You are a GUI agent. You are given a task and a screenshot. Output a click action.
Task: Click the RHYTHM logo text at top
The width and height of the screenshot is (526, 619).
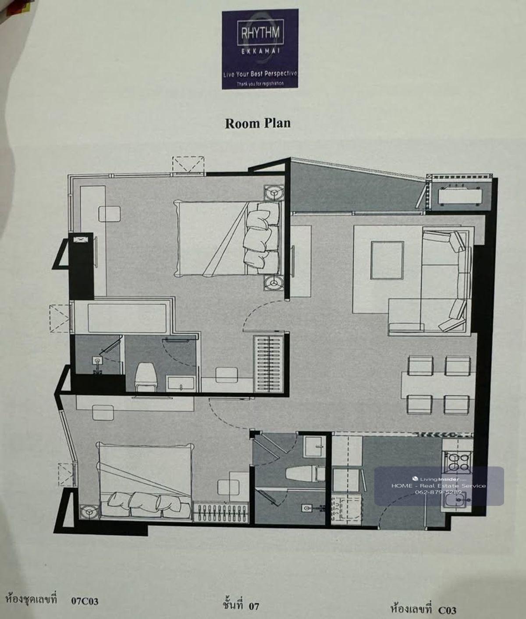click(x=260, y=32)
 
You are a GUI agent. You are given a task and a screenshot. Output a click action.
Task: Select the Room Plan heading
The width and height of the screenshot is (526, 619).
click(x=258, y=124)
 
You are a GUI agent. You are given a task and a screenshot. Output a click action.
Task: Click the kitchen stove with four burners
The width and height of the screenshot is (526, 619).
click(x=457, y=462)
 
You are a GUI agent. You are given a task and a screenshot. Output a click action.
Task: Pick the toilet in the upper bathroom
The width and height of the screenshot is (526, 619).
click(x=146, y=377)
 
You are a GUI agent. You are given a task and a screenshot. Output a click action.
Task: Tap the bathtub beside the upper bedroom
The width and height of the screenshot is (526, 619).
click(x=127, y=318)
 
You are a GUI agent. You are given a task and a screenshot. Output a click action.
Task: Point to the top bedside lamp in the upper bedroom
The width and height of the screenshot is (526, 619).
click(x=273, y=192)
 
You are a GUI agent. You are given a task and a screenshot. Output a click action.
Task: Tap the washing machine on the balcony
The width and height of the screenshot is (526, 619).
click(x=458, y=195)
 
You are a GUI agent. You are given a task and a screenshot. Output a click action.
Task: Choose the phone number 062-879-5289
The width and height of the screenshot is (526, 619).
click(x=438, y=492)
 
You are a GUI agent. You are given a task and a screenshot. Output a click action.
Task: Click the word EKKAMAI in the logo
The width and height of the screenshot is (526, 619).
click(x=260, y=51)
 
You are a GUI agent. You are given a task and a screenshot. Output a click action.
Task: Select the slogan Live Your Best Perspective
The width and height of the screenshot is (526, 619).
click(x=260, y=74)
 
